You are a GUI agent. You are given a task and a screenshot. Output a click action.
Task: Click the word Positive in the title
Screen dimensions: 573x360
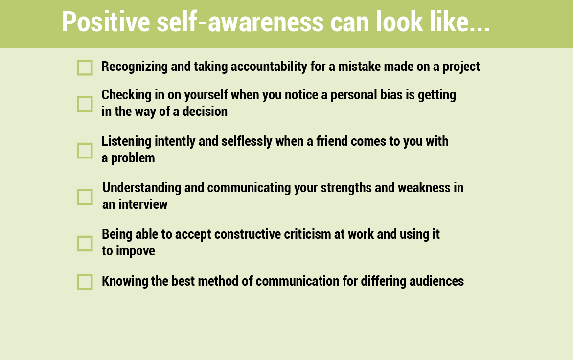106,22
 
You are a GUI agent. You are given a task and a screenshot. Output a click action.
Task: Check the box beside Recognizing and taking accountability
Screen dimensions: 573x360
85,67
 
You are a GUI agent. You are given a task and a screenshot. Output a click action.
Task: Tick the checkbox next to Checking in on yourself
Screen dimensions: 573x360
85,104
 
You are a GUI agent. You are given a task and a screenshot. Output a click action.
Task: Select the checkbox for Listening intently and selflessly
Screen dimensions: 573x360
85,151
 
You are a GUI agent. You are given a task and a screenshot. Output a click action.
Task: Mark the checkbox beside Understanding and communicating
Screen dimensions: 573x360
85,197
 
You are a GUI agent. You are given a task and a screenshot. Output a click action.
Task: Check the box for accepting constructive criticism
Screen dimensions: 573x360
85,244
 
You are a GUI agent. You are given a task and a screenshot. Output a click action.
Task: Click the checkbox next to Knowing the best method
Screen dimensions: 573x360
85,282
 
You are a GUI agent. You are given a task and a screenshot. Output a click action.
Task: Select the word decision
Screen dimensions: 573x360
205,112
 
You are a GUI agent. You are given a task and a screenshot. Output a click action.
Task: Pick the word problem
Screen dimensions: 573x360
133,158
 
